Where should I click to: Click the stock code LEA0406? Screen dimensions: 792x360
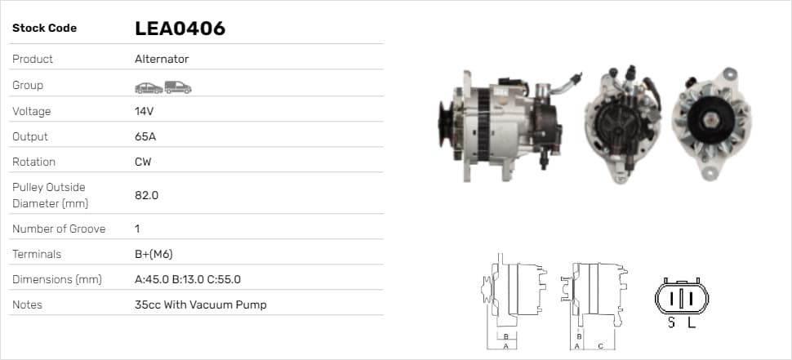point(180,29)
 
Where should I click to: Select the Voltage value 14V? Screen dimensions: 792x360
point(144,111)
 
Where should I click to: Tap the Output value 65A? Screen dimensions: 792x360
point(145,136)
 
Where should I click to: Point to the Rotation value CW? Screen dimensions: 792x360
point(143,162)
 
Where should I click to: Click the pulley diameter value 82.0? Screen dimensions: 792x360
point(146,195)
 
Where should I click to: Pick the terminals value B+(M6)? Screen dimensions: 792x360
point(154,254)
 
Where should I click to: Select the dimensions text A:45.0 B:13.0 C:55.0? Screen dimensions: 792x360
point(188,279)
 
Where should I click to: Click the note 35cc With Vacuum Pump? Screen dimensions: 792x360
point(201,305)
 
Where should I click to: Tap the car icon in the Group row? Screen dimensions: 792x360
point(149,88)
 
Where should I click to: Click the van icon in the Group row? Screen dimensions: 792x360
point(178,87)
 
